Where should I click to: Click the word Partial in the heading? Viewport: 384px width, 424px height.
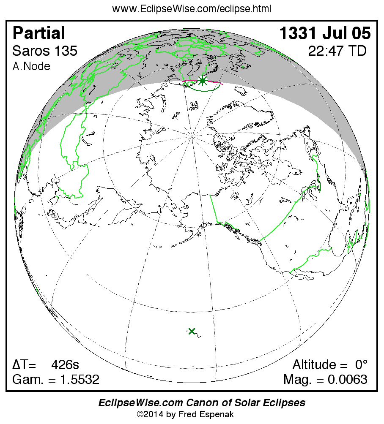39,33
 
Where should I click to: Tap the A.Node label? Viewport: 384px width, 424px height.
31,66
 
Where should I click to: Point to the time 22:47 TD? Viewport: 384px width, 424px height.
337,51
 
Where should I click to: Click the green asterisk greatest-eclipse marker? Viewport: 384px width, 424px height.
203,81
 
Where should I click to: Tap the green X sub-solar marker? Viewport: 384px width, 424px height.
192,332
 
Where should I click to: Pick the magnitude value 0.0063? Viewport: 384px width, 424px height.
347,380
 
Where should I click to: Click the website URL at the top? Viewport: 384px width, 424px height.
192,9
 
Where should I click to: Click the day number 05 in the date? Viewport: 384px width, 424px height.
360,33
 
